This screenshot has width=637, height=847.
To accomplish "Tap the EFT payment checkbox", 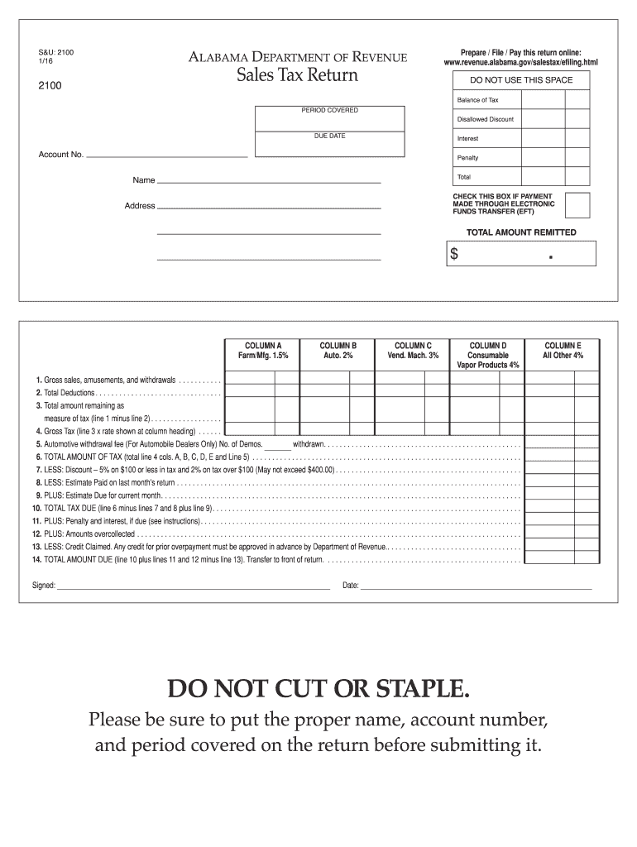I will coord(577,204).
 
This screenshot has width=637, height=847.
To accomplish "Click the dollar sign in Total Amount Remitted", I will coord(454,255).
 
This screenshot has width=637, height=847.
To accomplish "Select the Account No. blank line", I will coord(167,156).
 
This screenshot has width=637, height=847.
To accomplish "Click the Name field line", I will coord(269,181).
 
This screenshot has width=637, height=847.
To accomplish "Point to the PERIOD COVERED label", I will coord(329,110).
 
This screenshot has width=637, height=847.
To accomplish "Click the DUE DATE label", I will coord(329,136).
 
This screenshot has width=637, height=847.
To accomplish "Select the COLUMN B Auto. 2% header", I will coord(338,350).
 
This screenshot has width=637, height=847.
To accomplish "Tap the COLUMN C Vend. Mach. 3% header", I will coord(412,350).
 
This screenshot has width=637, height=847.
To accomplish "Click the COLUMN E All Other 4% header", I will coord(563,350).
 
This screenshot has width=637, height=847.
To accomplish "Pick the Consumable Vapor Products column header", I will coord(488,355).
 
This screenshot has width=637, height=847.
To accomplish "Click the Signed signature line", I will coord(194,587).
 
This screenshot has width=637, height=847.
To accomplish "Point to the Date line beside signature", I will coord(476,587).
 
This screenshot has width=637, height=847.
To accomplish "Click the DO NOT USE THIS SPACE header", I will coord(520,80).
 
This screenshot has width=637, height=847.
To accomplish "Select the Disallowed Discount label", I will coord(485,119).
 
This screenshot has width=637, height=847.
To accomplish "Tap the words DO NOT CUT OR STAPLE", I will coord(318,688).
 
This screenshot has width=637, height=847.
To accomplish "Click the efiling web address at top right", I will coord(520,62).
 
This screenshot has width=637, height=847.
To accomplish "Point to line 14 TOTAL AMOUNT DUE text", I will coord(178,560).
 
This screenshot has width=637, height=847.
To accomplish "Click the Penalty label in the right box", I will coord(467,157).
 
